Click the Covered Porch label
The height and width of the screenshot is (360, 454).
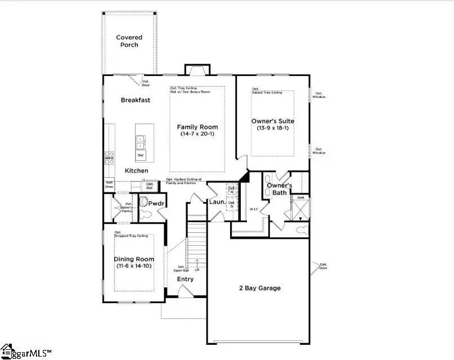click(129, 41)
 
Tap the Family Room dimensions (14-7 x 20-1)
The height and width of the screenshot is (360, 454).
click(197, 134)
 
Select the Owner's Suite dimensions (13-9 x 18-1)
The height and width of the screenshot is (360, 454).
click(272, 128)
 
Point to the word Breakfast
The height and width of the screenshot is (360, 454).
click(136, 100)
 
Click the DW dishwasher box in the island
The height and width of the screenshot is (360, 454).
click(141, 155)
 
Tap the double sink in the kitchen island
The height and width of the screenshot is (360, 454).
click(141, 140)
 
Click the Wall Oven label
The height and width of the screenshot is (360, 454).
click(109, 184)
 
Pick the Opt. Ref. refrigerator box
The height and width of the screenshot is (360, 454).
click(150, 186)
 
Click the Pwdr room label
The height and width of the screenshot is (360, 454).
click(156, 202)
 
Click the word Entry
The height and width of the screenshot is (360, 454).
click(185, 279)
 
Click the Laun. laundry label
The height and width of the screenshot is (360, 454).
click(217, 201)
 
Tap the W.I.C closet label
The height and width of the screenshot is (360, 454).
click(253, 209)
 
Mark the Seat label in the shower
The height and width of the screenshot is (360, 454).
click(300, 197)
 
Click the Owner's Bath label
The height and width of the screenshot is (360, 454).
click(279, 189)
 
